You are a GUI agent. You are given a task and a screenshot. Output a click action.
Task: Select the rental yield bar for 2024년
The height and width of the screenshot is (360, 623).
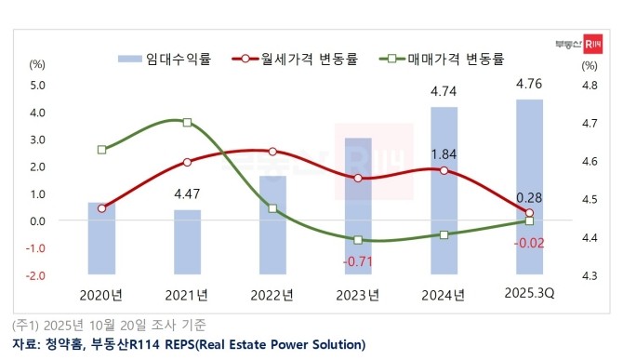[x=444, y=191]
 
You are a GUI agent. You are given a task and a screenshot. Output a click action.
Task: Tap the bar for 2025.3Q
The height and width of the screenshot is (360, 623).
[x=529, y=186]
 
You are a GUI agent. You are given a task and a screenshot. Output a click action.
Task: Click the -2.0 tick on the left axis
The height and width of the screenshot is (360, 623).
[x=36, y=275]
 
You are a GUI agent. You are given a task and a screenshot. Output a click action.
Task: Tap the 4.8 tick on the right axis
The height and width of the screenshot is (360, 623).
[x=589, y=86]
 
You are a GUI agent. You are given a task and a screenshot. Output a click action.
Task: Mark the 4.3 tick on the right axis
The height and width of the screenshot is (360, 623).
[x=589, y=275]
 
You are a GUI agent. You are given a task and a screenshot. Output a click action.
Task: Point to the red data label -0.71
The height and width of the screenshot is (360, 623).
[x=358, y=261]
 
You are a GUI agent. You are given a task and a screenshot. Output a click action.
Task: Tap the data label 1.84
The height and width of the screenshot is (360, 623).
[x=444, y=153]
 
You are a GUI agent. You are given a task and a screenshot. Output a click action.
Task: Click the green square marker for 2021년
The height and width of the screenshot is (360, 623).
[x=187, y=123]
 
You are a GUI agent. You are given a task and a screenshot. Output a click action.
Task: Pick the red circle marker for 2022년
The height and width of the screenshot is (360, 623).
[x=272, y=152]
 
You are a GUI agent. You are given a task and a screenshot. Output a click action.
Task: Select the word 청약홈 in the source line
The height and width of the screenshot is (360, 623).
[x=61, y=344]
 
